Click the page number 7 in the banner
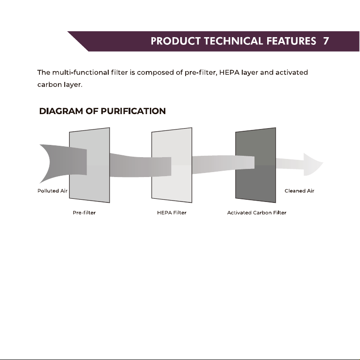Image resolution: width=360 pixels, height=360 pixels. pyautogui.click(x=326, y=41)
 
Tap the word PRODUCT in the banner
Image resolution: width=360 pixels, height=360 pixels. pyautogui.click(x=176, y=41)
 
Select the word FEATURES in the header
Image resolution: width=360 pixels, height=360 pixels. pyautogui.click(x=291, y=41)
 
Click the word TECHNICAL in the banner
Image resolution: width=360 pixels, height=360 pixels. pyautogui.click(x=234, y=41)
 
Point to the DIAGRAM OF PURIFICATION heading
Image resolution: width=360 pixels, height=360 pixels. pyautogui.click(x=102, y=111)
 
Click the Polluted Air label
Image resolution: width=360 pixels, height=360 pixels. pyautogui.click(x=53, y=191)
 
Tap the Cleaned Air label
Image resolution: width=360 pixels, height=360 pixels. pyautogui.click(x=299, y=191)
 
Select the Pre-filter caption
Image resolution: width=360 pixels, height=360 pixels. pyautogui.click(x=84, y=212)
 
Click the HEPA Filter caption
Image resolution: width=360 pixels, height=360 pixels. pyautogui.click(x=172, y=212)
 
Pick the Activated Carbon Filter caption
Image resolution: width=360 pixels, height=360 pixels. pyautogui.click(x=257, y=212)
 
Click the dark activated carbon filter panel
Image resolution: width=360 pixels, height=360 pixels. pyautogui.click(x=256, y=165)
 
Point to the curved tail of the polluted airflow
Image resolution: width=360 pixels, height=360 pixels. pyautogui.click(x=46, y=163)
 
